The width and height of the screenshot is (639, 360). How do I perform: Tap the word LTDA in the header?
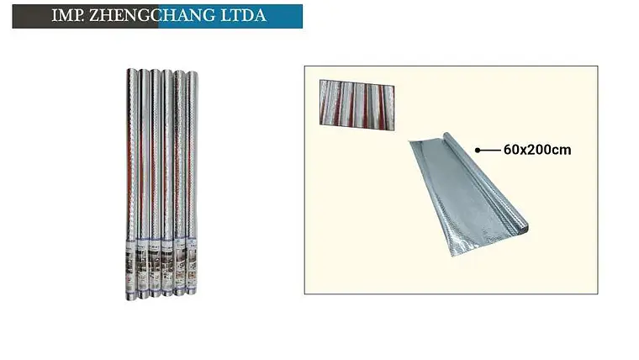point(243,15)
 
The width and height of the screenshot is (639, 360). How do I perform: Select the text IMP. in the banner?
point(67,15)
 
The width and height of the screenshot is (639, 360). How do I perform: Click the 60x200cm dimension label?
point(537,150)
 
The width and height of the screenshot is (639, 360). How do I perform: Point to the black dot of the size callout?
point(478,150)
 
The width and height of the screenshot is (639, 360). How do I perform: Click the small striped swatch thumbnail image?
point(357,105)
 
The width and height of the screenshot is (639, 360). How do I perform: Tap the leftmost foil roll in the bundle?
point(131,184)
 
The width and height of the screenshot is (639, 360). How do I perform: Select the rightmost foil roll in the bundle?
point(192,183)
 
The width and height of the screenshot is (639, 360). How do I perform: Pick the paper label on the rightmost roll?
point(192,263)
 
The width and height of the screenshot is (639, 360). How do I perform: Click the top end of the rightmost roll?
point(193,73)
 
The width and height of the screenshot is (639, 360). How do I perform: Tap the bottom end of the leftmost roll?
point(131,298)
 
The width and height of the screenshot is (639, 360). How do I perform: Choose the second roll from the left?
point(144,184)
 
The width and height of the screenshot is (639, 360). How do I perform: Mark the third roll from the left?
point(156,183)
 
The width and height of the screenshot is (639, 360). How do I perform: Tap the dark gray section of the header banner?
point(85,16)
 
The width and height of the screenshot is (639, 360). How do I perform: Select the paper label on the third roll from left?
point(156,265)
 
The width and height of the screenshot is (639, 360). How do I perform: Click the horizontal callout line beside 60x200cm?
point(489,150)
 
